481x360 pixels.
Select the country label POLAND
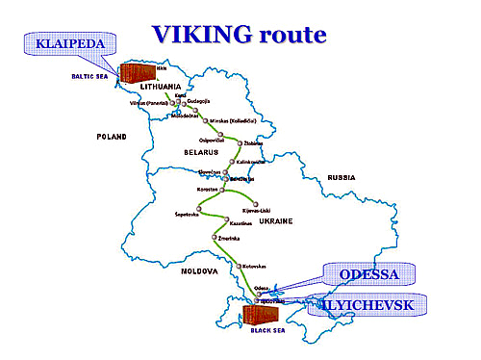pyautogui.click(x=112, y=138)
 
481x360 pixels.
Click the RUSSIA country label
pyautogui.click(x=342, y=178)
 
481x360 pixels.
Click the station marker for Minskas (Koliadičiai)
pyautogui.click(x=205, y=120)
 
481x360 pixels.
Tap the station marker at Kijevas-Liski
pyautogui.click(x=256, y=202)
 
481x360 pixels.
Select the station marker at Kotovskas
pyautogui.click(x=238, y=265)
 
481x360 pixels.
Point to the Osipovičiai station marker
pyautogui.click(x=219, y=133)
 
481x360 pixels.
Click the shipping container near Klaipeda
pyautogui.click(x=139, y=74)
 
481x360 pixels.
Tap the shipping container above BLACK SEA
pyautogui.click(x=260, y=312)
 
